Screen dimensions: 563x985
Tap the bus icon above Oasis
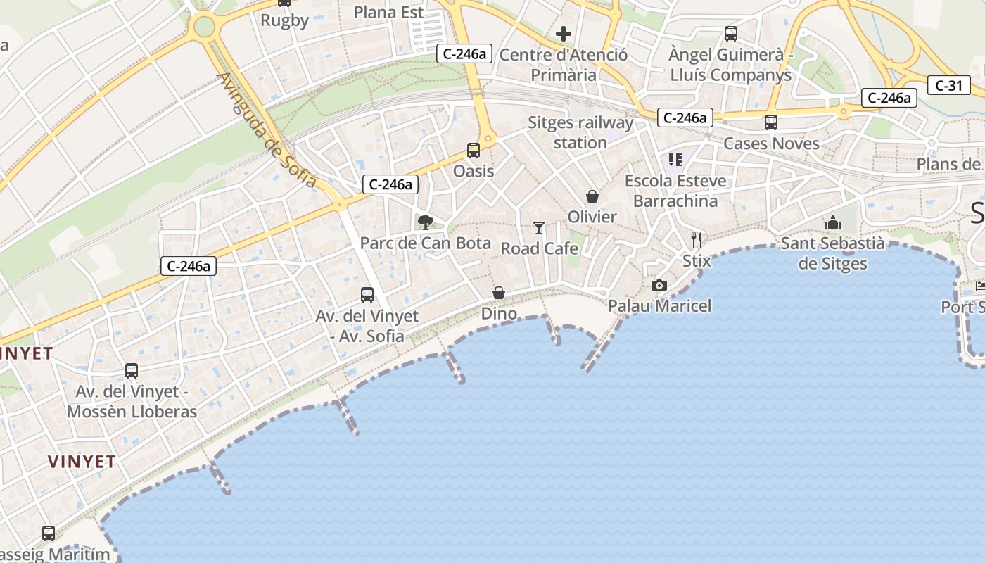(474, 150)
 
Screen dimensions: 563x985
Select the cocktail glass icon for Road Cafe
(539, 227)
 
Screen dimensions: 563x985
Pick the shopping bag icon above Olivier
(592, 196)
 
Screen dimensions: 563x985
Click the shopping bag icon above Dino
(499, 293)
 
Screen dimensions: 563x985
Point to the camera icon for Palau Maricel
(659, 285)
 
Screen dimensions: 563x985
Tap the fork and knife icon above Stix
(697, 240)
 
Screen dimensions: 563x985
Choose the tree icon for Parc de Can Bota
(425, 222)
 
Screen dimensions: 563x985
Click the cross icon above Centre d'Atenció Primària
(564, 33)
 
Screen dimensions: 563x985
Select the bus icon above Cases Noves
(771, 122)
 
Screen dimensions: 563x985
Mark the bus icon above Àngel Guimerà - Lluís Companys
(731, 33)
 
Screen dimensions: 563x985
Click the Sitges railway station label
(580, 132)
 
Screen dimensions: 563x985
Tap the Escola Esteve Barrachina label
(675, 191)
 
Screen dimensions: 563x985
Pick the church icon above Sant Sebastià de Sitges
(833, 222)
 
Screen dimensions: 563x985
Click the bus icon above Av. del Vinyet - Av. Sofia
(367, 295)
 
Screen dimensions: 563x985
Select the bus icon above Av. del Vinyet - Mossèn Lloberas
(132, 371)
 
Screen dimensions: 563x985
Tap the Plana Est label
(388, 12)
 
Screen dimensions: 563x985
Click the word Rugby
(285, 20)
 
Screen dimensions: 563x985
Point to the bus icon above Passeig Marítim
(49, 533)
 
